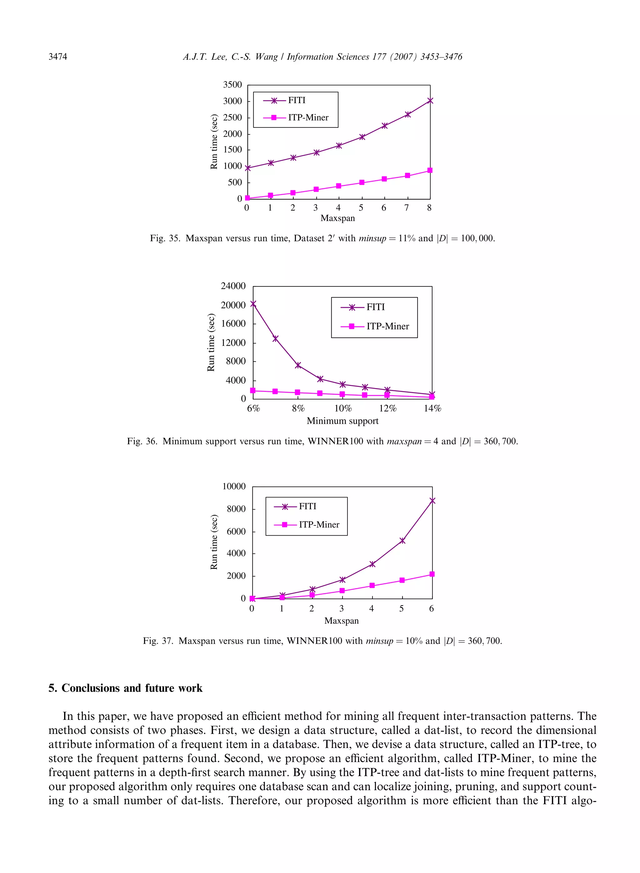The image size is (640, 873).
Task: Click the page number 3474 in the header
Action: tap(58, 57)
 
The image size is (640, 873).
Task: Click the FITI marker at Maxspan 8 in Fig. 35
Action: tap(430, 101)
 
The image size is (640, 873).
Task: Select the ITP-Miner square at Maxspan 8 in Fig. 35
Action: tap(430, 170)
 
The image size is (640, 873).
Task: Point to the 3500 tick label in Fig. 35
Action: tap(232, 85)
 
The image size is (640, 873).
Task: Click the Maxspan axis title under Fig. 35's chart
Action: tap(337, 218)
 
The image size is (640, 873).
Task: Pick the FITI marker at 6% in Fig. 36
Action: tap(253, 304)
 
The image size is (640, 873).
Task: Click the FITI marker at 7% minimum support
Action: tap(275, 338)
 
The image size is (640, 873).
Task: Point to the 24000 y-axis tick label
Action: tap(233, 286)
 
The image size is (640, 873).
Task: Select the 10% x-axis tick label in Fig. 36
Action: tap(343, 409)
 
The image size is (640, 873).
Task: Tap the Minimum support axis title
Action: tap(342, 421)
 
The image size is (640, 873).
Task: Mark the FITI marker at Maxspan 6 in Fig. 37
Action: tap(432, 501)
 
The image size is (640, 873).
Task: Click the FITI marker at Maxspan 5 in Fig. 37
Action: tap(402, 541)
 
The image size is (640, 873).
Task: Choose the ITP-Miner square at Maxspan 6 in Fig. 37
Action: tap(432, 574)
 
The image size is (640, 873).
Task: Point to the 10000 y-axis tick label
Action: tap(234, 486)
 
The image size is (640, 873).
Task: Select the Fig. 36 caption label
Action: tap(142, 441)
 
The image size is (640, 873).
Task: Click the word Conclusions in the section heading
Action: tap(90, 688)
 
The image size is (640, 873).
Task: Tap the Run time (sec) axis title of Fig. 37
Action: tap(214, 542)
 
